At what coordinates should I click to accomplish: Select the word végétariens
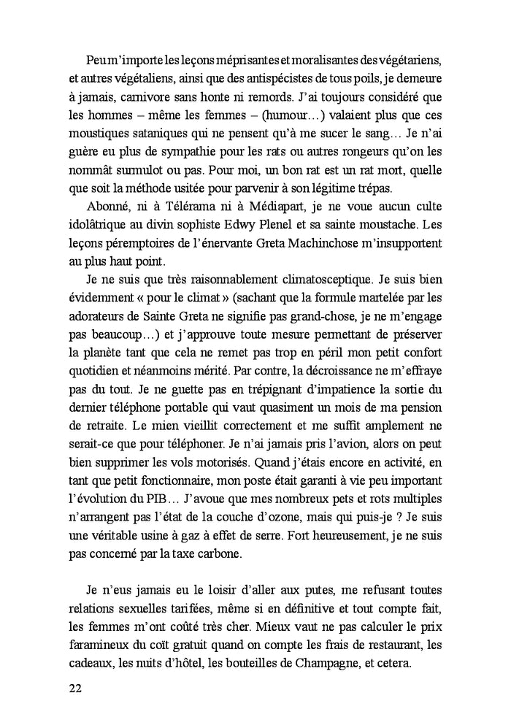400,58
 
